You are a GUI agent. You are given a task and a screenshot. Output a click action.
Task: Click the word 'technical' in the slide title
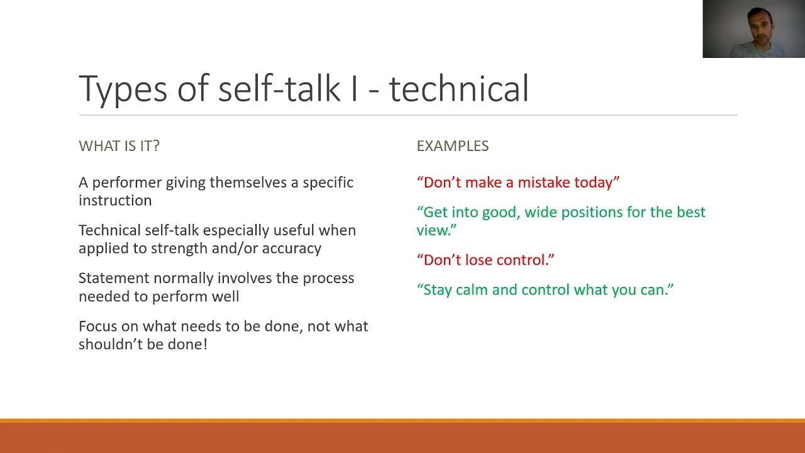[x=458, y=88]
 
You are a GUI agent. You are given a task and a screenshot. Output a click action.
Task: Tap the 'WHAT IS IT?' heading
[x=119, y=146]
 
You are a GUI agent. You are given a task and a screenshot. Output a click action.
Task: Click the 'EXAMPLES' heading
[x=453, y=146]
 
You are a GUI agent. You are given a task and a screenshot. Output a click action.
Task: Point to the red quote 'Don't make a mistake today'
[x=518, y=182]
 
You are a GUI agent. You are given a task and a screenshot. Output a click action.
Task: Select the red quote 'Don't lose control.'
[x=486, y=260]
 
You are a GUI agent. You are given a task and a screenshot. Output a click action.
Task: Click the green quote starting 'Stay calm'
[x=545, y=290]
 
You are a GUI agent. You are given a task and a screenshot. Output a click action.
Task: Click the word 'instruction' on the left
[x=115, y=200]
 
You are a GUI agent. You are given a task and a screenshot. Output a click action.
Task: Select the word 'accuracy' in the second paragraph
[x=291, y=249]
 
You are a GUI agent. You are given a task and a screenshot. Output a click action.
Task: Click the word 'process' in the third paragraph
[x=328, y=279]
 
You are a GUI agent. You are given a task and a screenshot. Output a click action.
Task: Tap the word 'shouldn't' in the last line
[x=111, y=344]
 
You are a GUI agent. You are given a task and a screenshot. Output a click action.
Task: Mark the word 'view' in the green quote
[x=431, y=230]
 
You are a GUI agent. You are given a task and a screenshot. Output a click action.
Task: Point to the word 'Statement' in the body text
[x=114, y=278]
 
